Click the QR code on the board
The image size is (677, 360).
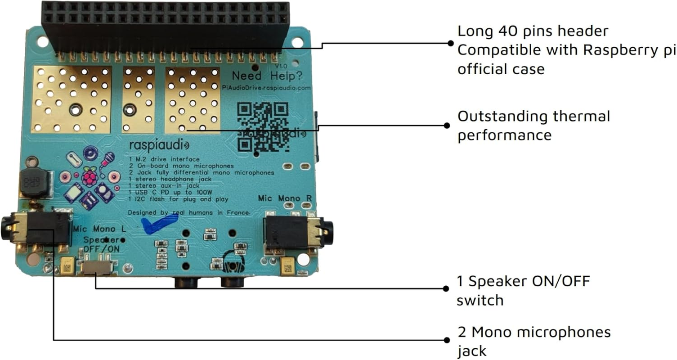(x=263, y=127)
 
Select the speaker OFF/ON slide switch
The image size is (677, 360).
(x=96, y=267)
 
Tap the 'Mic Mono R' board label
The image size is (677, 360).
(x=287, y=198)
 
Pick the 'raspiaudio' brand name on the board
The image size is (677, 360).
(x=159, y=145)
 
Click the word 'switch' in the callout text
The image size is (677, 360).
(x=480, y=300)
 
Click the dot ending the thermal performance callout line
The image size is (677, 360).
(x=447, y=126)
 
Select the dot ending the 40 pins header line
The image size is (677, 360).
(x=450, y=43)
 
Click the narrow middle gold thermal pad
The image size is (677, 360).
(x=139, y=100)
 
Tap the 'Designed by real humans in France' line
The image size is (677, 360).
(x=189, y=212)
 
